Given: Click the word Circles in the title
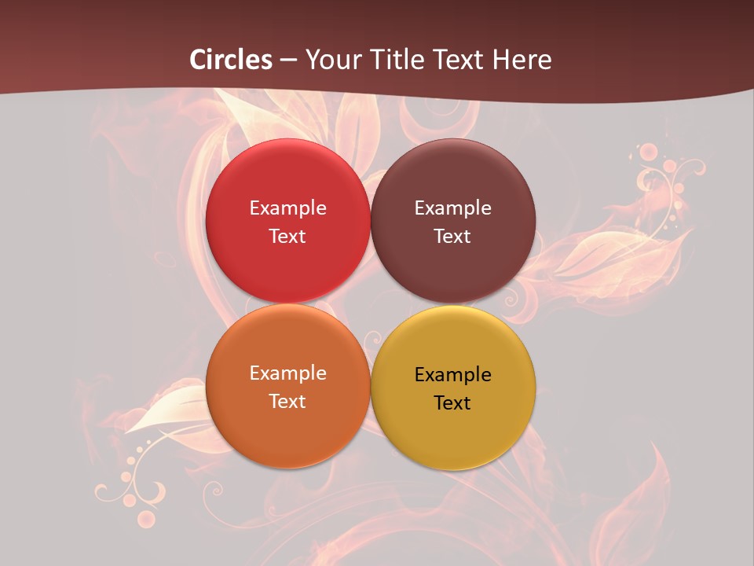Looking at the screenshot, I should click(231, 60).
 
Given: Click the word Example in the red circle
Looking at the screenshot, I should click(287, 208).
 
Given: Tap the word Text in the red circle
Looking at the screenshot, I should click(287, 237).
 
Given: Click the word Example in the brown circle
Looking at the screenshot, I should click(452, 208).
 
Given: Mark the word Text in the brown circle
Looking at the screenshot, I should click(452, 237).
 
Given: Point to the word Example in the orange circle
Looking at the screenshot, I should click(287, 373).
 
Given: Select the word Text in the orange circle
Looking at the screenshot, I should click(287, 402).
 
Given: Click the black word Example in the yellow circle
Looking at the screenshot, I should click(452, 375).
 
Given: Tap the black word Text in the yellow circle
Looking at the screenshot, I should click(452, 403).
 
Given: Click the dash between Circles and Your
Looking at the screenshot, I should click(288, 60).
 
